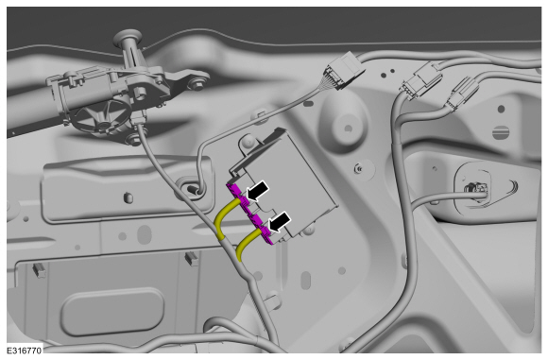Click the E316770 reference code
(x=25, y=351)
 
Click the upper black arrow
(x=258, y=192)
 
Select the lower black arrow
(x=279, y=222)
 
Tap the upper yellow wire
(x=226, y=216)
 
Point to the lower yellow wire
(x=247, y=243)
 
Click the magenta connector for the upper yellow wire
(x=238, y=197)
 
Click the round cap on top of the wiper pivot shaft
(x=128, y=36)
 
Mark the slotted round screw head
(x=501, y=133)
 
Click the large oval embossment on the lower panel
(x=112, y=312)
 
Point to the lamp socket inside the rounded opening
(x=475, y=191)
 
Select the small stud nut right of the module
(x=358, y=169)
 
